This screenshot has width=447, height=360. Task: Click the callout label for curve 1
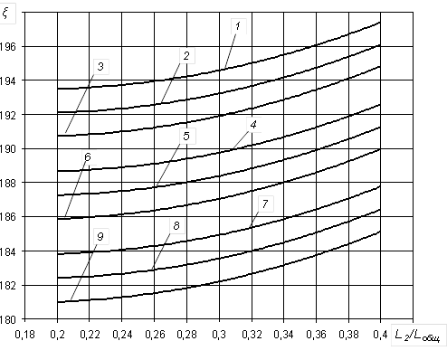238,26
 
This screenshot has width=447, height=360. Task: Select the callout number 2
186,56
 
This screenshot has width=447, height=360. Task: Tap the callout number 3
100,66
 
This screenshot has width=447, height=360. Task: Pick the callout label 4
253,124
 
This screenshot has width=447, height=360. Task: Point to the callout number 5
186,136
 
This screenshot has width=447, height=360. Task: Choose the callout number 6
88,156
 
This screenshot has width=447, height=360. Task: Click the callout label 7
265,204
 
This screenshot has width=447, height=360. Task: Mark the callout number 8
176,225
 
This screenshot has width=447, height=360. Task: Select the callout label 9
100,236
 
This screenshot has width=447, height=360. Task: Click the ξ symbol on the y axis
5,13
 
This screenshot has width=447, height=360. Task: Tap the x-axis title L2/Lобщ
417,336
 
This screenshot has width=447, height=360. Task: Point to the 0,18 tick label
25,335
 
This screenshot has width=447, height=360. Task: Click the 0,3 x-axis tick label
219,335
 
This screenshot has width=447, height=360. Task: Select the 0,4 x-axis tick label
381,335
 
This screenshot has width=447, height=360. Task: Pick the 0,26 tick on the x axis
155,335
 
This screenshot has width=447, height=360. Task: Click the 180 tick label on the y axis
7,319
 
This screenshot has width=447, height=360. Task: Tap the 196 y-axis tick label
7,47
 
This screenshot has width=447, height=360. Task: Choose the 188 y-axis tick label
7,183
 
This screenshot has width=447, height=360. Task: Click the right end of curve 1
380,23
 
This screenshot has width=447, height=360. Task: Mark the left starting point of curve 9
58,302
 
